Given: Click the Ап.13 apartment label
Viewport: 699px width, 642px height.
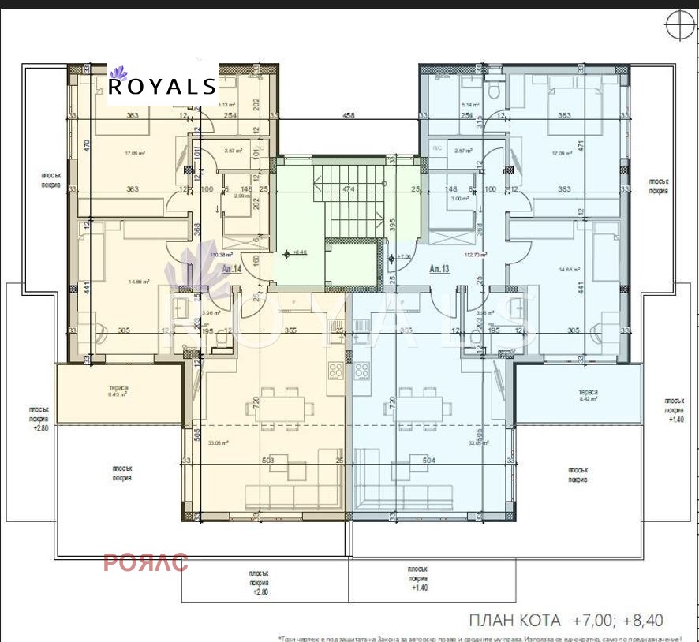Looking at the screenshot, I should [439, 268].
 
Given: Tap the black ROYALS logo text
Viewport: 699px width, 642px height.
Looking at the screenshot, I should [162, 86].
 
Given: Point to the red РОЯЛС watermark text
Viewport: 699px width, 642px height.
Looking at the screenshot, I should [146, 562].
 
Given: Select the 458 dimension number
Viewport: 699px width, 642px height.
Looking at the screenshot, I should [349, 115].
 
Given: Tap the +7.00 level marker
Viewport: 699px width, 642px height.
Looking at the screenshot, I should [403, 256].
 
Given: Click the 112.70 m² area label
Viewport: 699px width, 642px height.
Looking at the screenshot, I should [476, 255].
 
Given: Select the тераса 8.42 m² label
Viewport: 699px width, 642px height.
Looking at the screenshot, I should [587, 395].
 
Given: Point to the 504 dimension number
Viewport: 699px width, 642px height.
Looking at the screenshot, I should [429, 461].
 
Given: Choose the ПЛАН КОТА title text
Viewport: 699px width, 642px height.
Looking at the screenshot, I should [515, 620].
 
